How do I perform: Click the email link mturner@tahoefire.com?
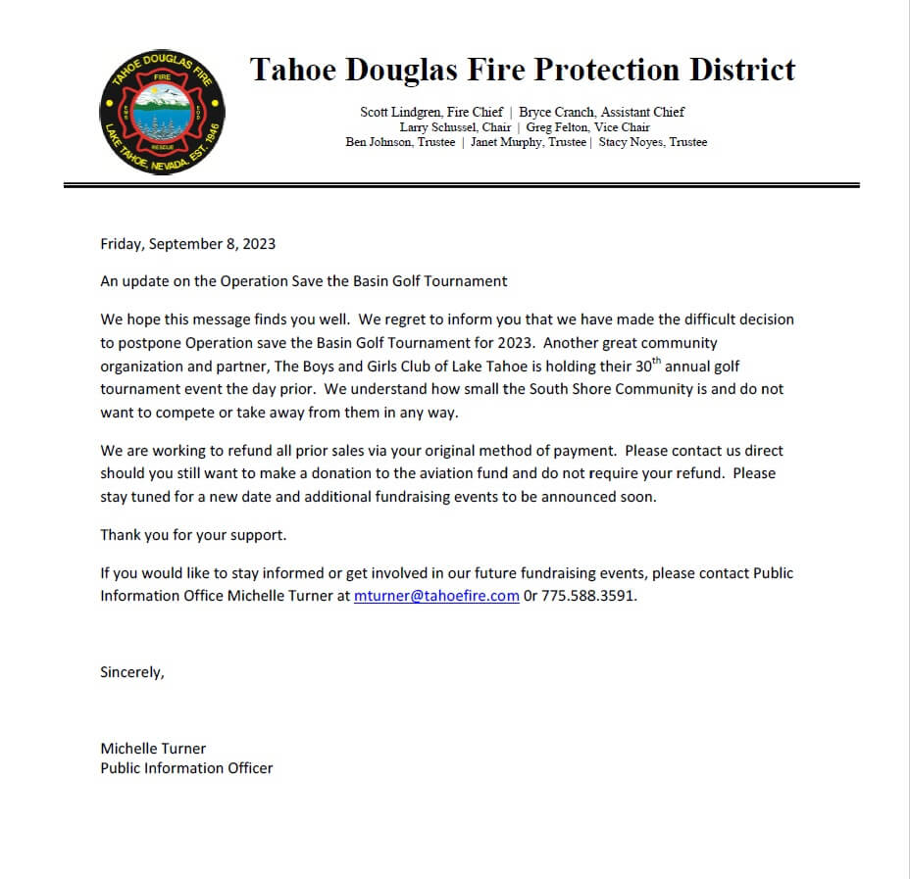[x=436, y=595]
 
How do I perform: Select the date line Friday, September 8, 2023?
[x=188, y=244]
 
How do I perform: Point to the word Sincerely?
[x=132, y=672]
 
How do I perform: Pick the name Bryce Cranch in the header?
[x=557, y=112]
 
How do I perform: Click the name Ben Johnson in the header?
[x=382, y=142]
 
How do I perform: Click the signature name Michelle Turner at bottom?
[x=153, y=748]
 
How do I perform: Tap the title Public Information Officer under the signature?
[x=186, y=767]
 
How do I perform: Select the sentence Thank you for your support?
[x=193, y=535]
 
